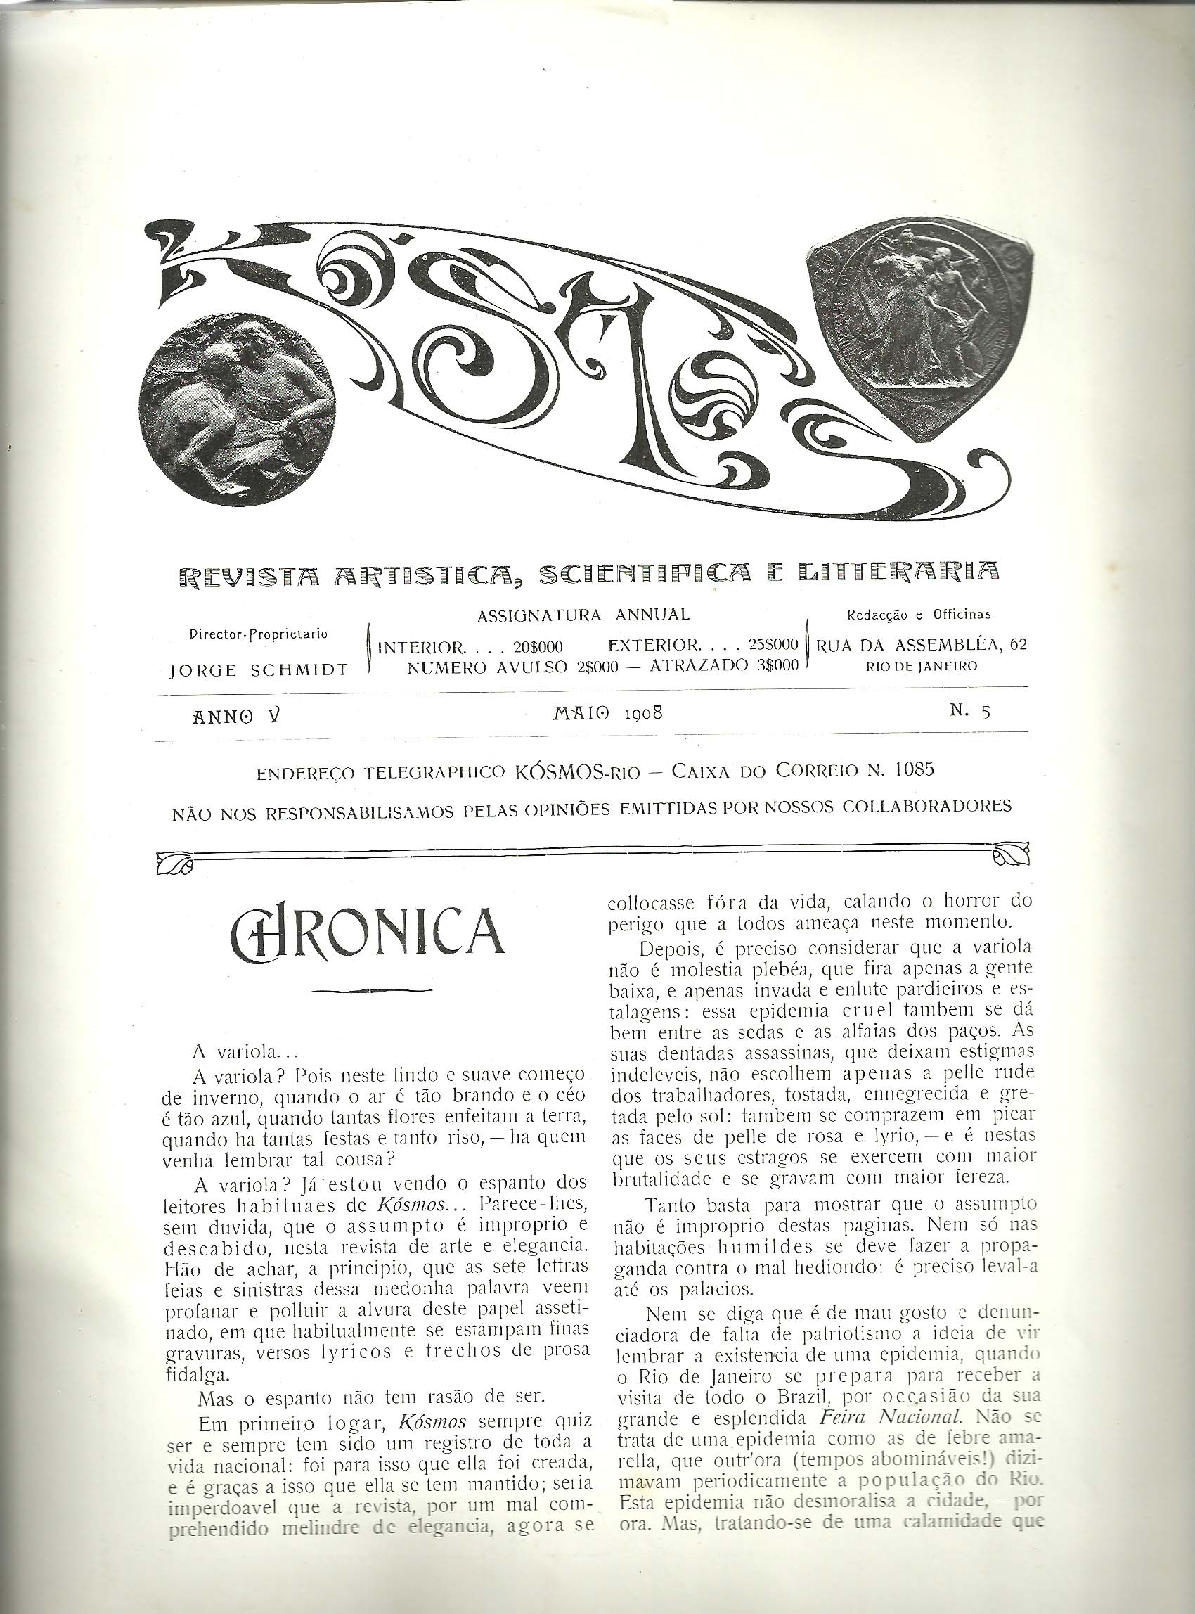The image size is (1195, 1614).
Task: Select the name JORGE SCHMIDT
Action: (x=257, y=670)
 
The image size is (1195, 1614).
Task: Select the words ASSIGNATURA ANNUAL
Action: (x=583, y=615)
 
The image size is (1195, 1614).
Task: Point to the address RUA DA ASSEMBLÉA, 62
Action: (x=921, y=644)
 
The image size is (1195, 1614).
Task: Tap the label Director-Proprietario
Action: (x=257, y=634)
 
